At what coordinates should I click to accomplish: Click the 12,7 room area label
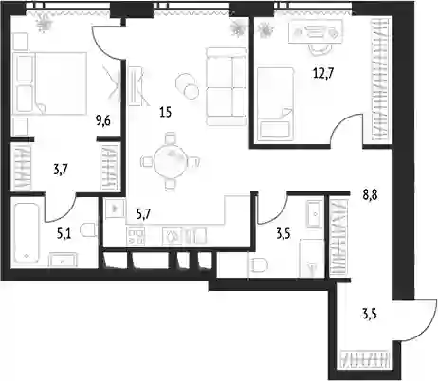323,74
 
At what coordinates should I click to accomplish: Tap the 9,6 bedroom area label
103,120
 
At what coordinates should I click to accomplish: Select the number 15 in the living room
165,112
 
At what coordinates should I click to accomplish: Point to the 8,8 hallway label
370,195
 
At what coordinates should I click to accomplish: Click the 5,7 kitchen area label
143,214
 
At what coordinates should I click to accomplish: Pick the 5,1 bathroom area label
64,234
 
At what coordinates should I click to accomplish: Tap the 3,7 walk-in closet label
61,171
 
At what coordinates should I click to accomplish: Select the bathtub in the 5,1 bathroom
27,234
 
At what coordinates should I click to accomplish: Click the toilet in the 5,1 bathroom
89,229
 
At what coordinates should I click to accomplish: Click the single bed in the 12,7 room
275,103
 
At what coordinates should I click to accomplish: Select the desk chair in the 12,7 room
319,50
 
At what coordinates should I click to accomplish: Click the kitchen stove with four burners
136,236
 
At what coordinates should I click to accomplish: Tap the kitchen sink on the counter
173,236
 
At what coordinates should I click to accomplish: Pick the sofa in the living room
227,86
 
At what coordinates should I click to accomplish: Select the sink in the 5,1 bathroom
63,261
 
